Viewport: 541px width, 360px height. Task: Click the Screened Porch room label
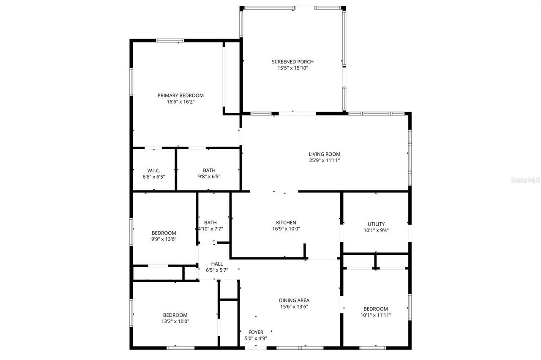[x=292, y=62]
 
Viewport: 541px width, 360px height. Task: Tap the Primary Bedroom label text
[x=180, y=95]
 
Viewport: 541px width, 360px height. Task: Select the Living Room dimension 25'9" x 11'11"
[x=324, y=161]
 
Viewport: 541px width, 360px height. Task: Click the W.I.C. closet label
[x=154, y=170]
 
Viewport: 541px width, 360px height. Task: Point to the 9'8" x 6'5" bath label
[x=209, y=177]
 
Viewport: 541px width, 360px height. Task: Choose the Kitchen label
[x=286, y=223]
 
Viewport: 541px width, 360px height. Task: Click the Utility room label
[x=376, y=224]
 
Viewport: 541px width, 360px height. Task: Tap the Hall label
[x=217, y=264]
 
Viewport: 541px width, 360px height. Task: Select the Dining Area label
[x=294, y=300]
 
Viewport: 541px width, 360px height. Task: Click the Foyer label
[x=256, y=332]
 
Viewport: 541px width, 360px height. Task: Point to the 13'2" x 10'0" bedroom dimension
[x=175, y=321]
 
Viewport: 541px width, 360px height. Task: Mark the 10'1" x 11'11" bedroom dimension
[x=375, y=315]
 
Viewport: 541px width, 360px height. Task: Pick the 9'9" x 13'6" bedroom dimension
[x=164, y=239]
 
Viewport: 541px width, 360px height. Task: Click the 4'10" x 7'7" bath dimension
[x=210, y=229]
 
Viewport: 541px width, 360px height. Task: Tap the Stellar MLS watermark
[x=525, y=180]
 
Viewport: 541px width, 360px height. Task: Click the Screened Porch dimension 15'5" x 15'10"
[x=292, y=68]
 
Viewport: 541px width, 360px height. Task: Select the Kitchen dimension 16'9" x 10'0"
[x=286, y=229]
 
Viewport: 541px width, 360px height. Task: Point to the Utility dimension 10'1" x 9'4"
[x=376, y=230]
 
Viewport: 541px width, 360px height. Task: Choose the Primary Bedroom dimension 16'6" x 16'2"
[x=180, y=101]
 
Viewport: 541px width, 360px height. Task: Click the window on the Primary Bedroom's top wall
[x=170, y=41]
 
